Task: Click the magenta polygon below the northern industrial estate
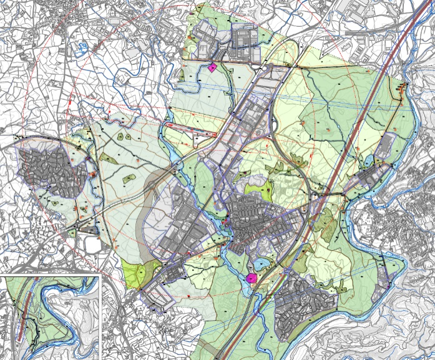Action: click(x=212, y=67)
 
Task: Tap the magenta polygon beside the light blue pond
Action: click(x=252, y=278)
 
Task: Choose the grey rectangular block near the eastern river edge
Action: click(x=387, y=147)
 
